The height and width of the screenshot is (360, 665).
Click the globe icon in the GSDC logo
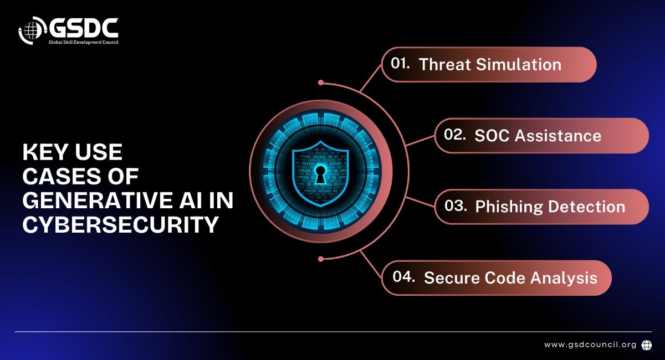pos(32,30)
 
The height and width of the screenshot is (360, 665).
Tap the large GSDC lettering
pos(84,28)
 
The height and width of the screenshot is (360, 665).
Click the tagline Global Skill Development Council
pos(84,42)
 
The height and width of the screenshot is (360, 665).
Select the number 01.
pos(400,63)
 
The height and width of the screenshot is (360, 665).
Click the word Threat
pos(444,64)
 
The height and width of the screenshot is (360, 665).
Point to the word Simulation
pos(519,64)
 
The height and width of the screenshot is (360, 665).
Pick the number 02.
pos(454,135)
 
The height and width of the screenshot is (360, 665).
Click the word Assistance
pos(558,136)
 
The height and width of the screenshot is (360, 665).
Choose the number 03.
pos(456,205)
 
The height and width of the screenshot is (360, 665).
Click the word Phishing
pos(509,207)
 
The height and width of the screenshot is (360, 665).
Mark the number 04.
pos(403,276)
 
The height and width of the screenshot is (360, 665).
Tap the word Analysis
pos(564,278)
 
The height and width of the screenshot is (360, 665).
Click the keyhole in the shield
pos(320,174)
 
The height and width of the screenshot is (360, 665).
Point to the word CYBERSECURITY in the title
pos(121,225)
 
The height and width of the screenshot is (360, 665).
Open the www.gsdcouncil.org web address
pos(590,344)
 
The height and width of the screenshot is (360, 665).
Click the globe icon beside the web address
pos(647,345)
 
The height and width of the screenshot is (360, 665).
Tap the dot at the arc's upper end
pos(321,83)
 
